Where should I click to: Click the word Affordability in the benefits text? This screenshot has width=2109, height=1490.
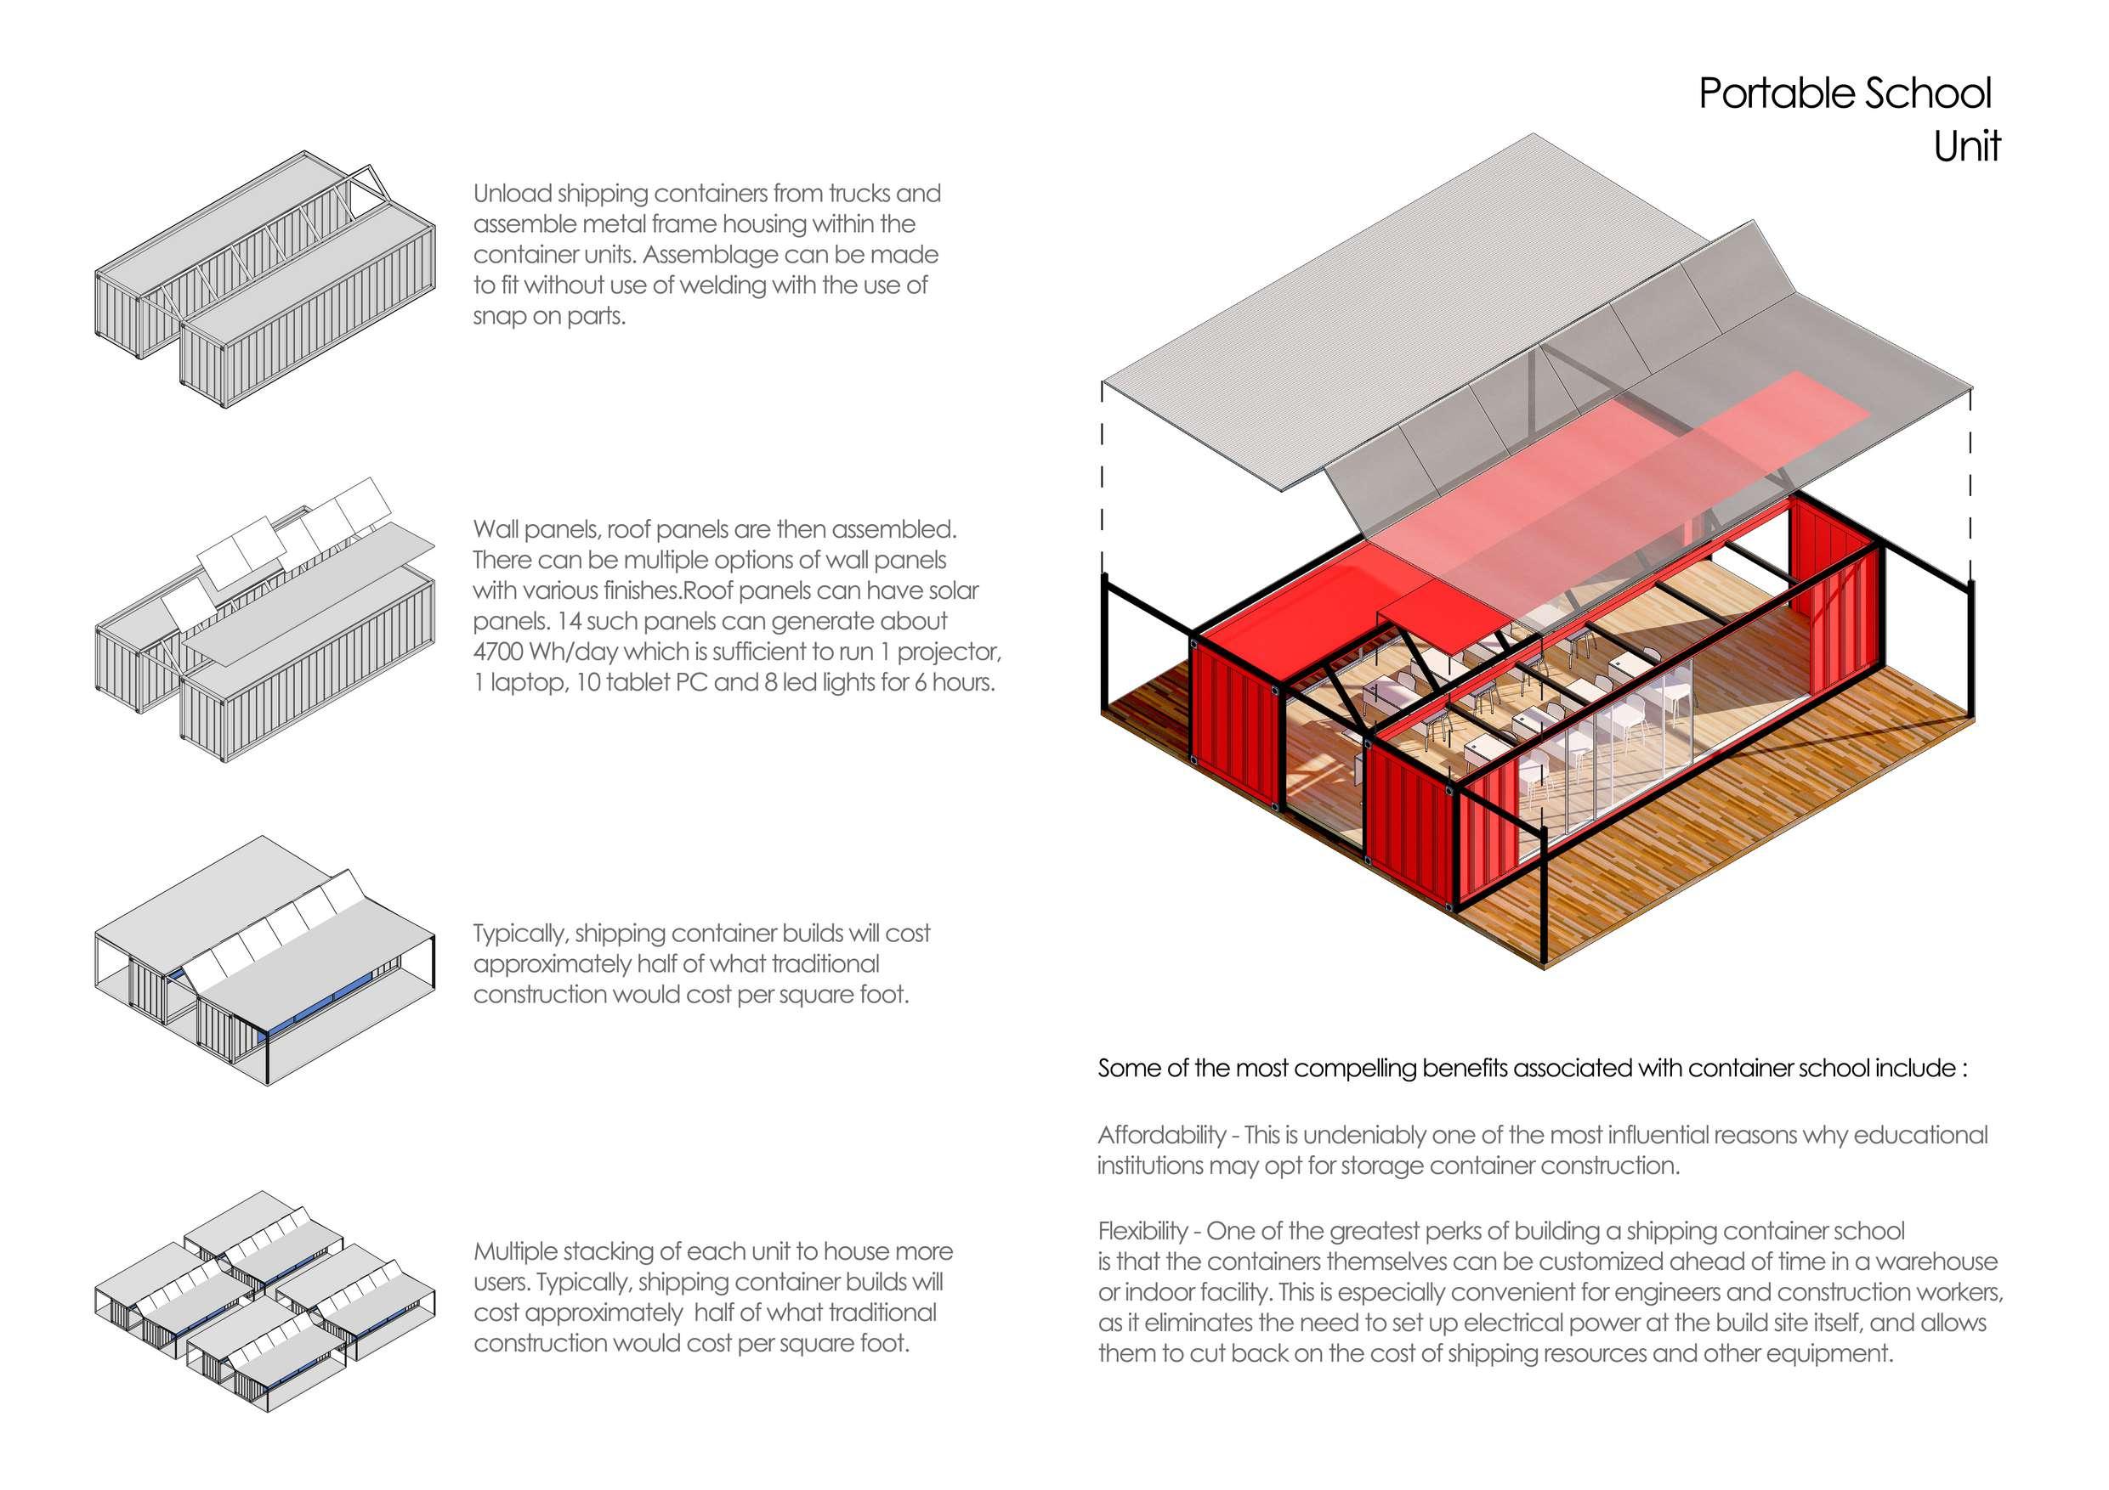1161,1136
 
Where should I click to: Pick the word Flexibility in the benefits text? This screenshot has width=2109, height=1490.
1142,1231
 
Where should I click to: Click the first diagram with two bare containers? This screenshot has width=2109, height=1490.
264,280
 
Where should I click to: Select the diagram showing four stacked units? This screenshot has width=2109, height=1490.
264,1301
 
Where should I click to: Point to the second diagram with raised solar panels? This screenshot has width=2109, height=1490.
264,624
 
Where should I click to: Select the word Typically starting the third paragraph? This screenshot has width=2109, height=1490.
520,934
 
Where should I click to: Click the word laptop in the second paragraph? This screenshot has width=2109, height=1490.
526,683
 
